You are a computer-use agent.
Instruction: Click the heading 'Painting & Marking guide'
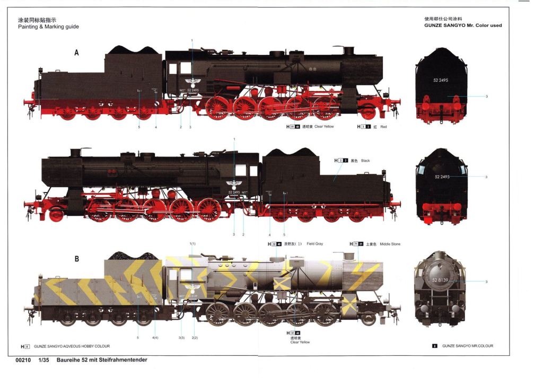[x=48, y=27]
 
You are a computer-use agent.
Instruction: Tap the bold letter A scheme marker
[x=76, y=53]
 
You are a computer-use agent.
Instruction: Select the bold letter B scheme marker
[x=76, y=259]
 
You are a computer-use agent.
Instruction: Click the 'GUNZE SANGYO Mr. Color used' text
[x=462, y=25]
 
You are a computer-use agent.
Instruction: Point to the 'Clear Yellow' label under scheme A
[x=324, y=127]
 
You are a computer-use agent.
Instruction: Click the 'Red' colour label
[x=383, y=127]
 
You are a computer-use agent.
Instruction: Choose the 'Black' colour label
[x=365, y=160]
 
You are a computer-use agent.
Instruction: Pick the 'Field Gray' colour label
[x=314, y=244]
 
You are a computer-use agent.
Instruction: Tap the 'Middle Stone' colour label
[x=390, y=244]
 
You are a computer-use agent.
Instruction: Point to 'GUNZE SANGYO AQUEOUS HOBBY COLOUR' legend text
[x=72, y=346]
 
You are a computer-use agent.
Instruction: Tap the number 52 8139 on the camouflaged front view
[x=441, y=280]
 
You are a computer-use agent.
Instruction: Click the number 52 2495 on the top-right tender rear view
[x=440, y=80]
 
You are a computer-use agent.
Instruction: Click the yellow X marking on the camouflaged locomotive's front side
[x=349, y=304]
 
